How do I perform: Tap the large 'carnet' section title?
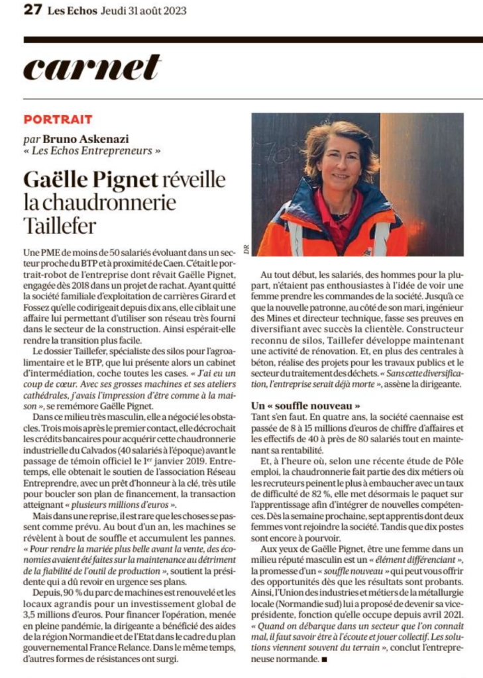point(93,68)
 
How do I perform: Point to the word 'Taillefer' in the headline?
point(60,225)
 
